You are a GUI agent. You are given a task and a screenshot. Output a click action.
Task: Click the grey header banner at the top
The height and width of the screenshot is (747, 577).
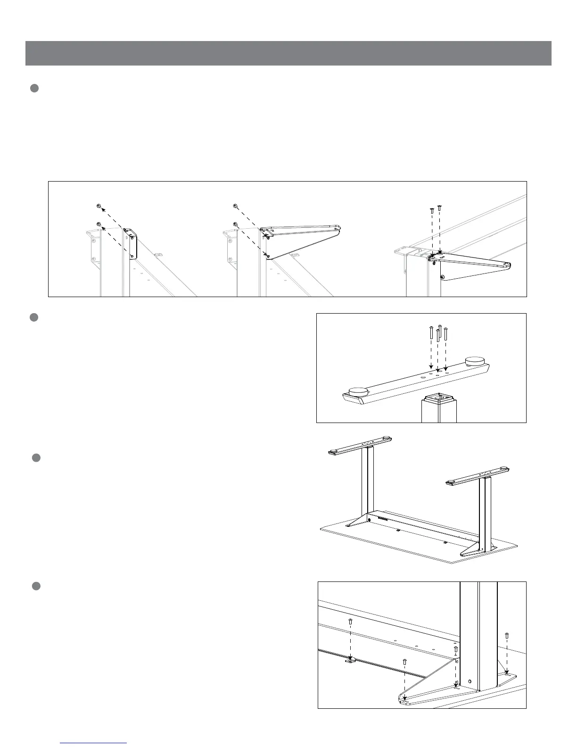tap(288, 53)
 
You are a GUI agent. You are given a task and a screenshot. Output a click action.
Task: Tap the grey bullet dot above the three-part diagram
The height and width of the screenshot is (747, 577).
tap(34, 88)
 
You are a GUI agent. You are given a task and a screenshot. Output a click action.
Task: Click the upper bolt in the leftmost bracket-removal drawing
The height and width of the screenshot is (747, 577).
tap(98, 206)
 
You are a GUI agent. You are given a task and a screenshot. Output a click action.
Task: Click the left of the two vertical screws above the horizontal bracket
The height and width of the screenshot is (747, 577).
tap(432, 210)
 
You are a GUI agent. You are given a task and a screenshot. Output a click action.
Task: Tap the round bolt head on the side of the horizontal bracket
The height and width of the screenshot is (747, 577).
tap(442, 277)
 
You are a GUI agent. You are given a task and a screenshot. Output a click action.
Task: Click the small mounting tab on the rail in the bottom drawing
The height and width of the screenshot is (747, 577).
tap(349, 661)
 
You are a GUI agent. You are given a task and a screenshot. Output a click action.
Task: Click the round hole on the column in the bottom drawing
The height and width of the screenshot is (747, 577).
tap(470, 681)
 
